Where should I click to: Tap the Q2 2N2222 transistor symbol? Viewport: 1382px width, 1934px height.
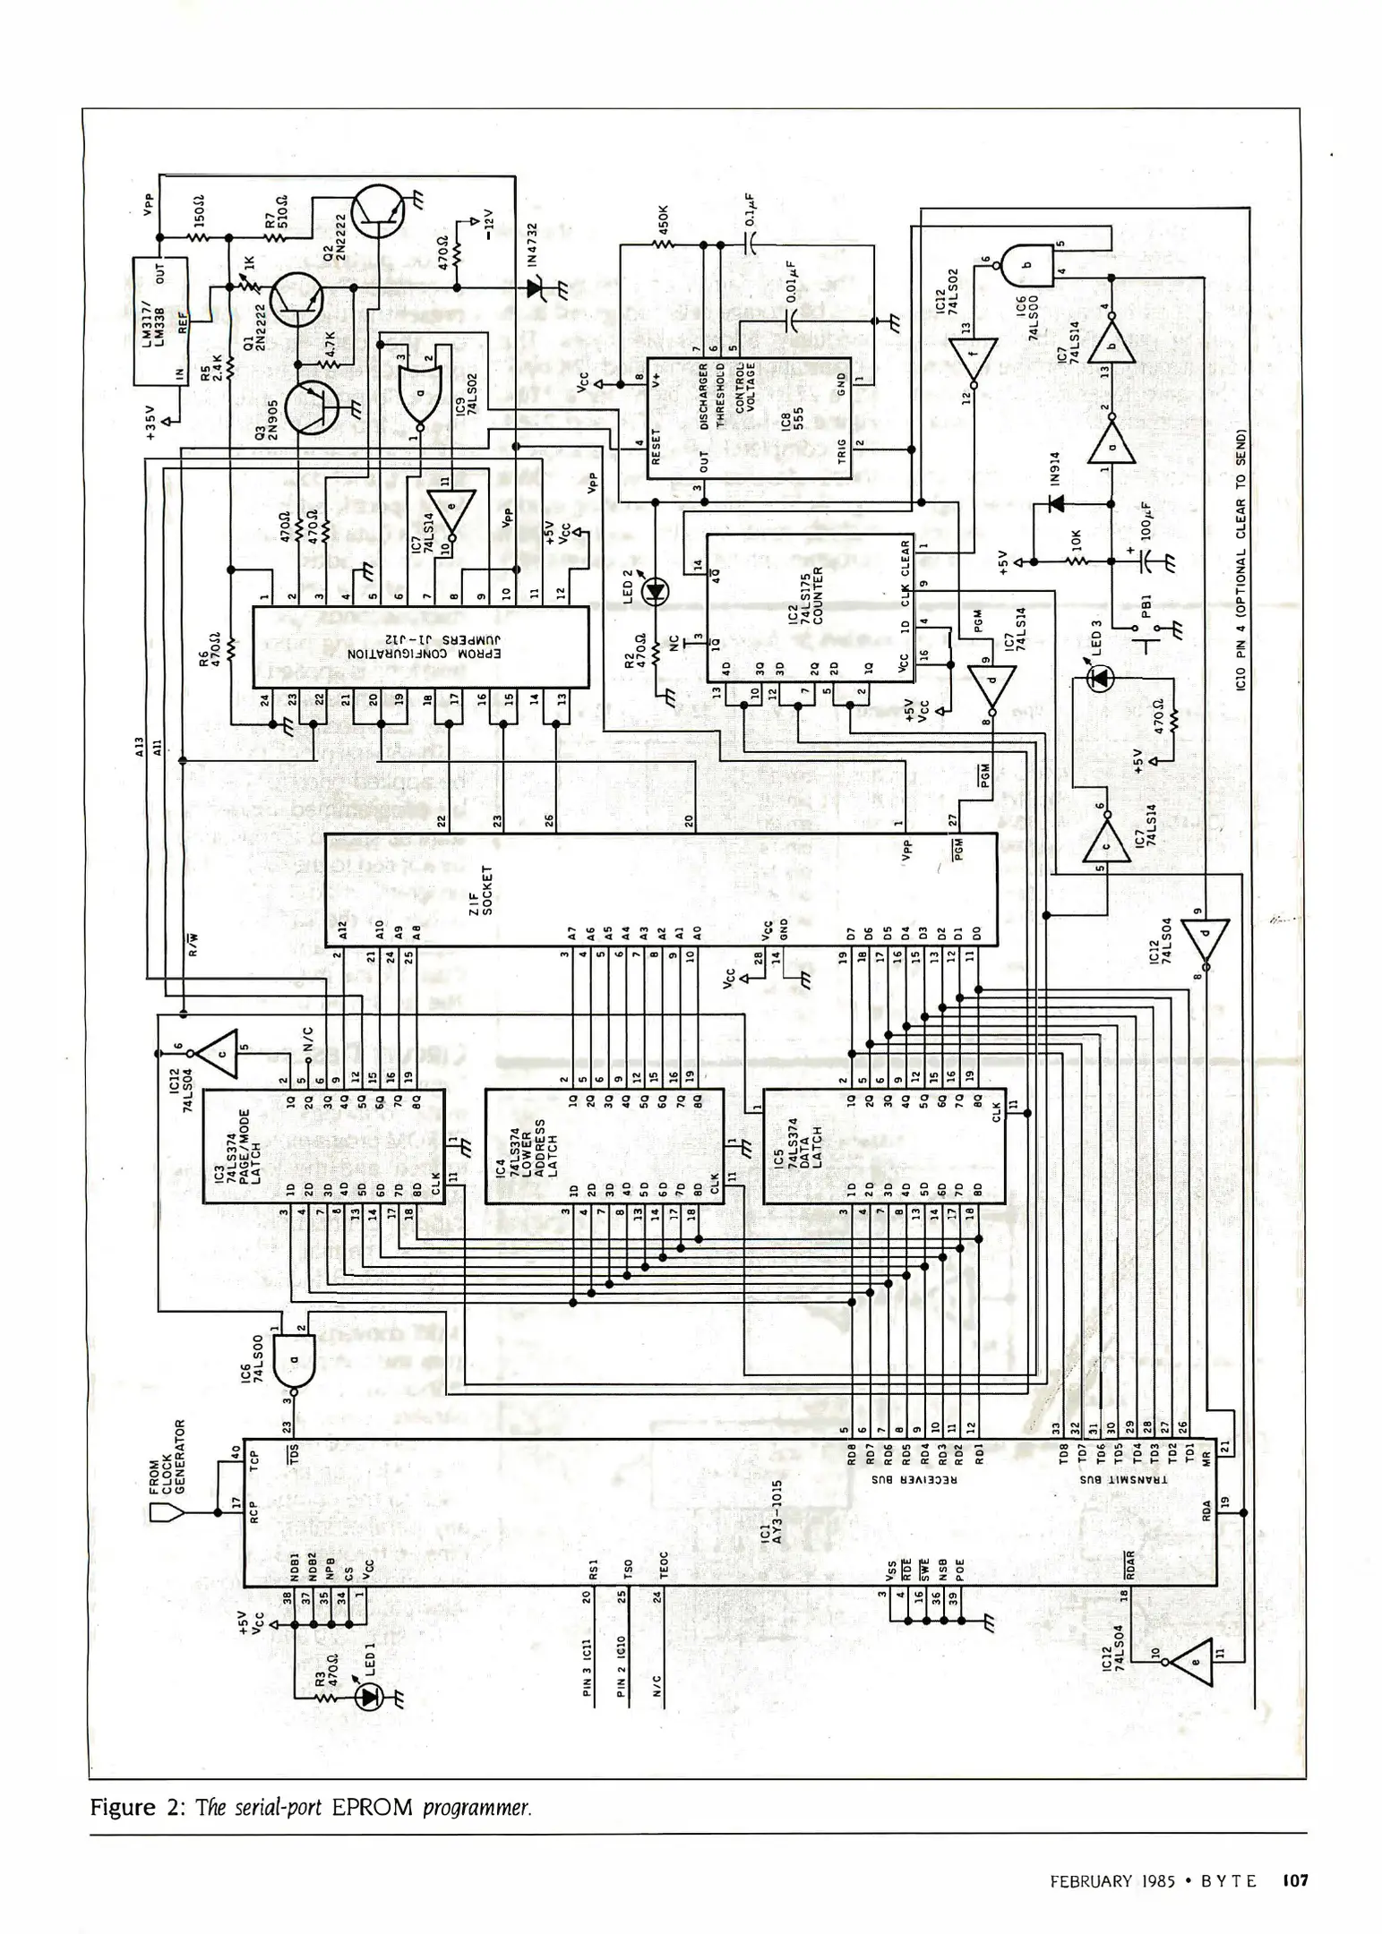376,210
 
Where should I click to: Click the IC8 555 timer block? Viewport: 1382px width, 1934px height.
748,417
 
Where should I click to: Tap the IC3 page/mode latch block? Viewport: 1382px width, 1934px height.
323,1146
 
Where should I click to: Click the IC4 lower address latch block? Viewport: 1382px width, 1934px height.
604,1146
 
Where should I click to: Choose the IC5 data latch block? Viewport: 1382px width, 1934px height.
882,1146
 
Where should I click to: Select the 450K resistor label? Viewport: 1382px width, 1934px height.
663,221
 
